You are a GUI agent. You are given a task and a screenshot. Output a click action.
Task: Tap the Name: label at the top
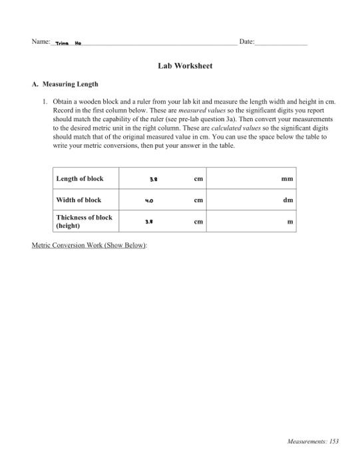pyautogui.click(x=41, y=42)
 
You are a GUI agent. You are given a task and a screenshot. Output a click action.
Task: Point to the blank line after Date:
pyautogui.click(x=281, y=43)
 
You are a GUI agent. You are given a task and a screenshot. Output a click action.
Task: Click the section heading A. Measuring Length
pyautogui.click(x=65, y=85)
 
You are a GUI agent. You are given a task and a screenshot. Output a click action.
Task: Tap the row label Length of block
pyautogui.click(x=79, y=178)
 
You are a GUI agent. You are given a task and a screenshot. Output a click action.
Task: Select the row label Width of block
pyautogui.click(x=79, y=200)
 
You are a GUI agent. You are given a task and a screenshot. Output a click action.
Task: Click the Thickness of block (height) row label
pyautogui.click(x=84, y=221)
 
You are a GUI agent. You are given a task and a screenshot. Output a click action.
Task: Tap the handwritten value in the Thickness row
pyautogui.click(x=153, y=222)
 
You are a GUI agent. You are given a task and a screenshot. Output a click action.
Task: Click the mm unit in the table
pyautogui.click(x=287, y=179)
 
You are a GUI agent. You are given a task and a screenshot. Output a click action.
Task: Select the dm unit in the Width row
pyautogui.click(x=288, y=200)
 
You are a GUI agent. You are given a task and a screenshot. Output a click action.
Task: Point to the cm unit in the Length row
pyautogui.click(x=198, y=179)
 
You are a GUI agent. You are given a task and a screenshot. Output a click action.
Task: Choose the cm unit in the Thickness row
pyautogui.click(x=198, y=222)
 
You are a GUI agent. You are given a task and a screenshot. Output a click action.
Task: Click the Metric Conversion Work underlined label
pyautogui.click(x=89, y=245)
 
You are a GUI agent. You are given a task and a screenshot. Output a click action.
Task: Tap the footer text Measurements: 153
pyautogui.click(x=313, y=441)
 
